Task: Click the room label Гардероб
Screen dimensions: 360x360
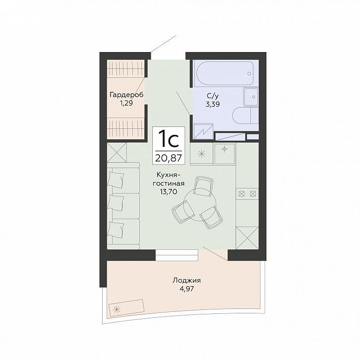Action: pyautogui.click(x=126, y=95)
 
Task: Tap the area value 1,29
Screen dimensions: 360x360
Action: pyautogui.click(x=126, y=103)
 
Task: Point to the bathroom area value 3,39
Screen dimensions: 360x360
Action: pyautogui.click(x=213, y=105)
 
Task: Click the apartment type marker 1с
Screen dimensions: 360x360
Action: pyautogui.click(x=169, y=139)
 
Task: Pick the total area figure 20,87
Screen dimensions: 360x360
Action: pyautogui.click(x=169, y=158)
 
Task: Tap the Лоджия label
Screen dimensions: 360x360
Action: pyautogui.click(x=186, y=280)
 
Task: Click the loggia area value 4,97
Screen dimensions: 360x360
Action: pyautogui.click(x=187, y=289)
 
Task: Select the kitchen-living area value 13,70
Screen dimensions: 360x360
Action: pyautogui.click(x=169, y=191)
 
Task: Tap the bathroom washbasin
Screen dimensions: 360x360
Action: pyautogui.click(x=251, y=97)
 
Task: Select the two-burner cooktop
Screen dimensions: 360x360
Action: pyautogui.click(x=247, y=193)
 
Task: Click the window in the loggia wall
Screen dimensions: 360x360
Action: pyautogui.click(x=177, y=255)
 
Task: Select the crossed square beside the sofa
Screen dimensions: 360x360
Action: pyautogui.click(x=117, y=152)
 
